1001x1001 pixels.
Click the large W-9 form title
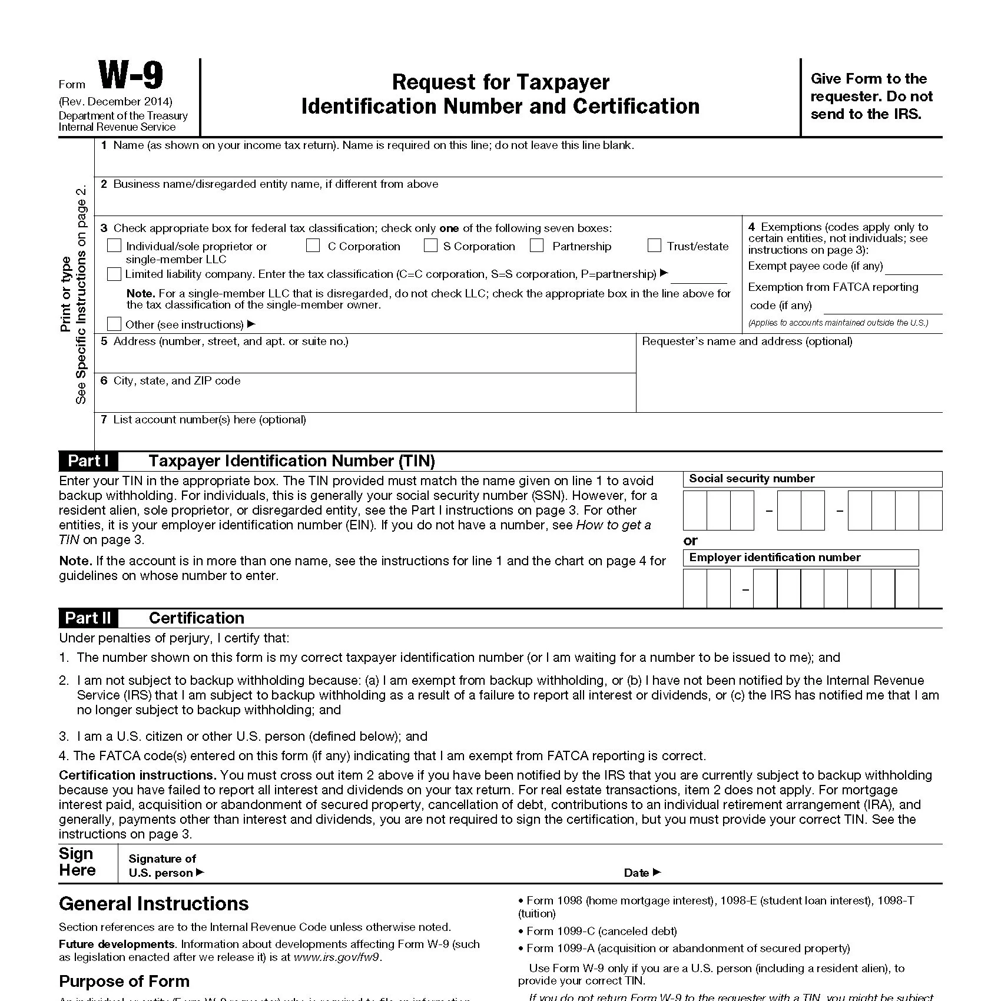130,76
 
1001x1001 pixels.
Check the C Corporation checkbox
313,246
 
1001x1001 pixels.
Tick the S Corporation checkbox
431,246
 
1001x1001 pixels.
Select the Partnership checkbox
537,246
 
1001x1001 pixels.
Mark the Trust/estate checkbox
654,246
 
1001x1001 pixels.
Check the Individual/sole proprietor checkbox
114,246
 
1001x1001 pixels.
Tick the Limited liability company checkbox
114,274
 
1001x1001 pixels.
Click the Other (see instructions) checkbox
114,324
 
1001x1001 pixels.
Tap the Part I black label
88,461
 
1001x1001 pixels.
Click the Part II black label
88,618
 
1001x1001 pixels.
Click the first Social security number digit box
695,511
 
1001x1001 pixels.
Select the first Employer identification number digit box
695,589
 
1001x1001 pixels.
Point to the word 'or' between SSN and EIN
690,541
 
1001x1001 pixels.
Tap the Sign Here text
77,862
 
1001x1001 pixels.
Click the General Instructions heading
154,904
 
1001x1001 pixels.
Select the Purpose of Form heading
124,981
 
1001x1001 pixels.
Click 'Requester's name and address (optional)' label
747,342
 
